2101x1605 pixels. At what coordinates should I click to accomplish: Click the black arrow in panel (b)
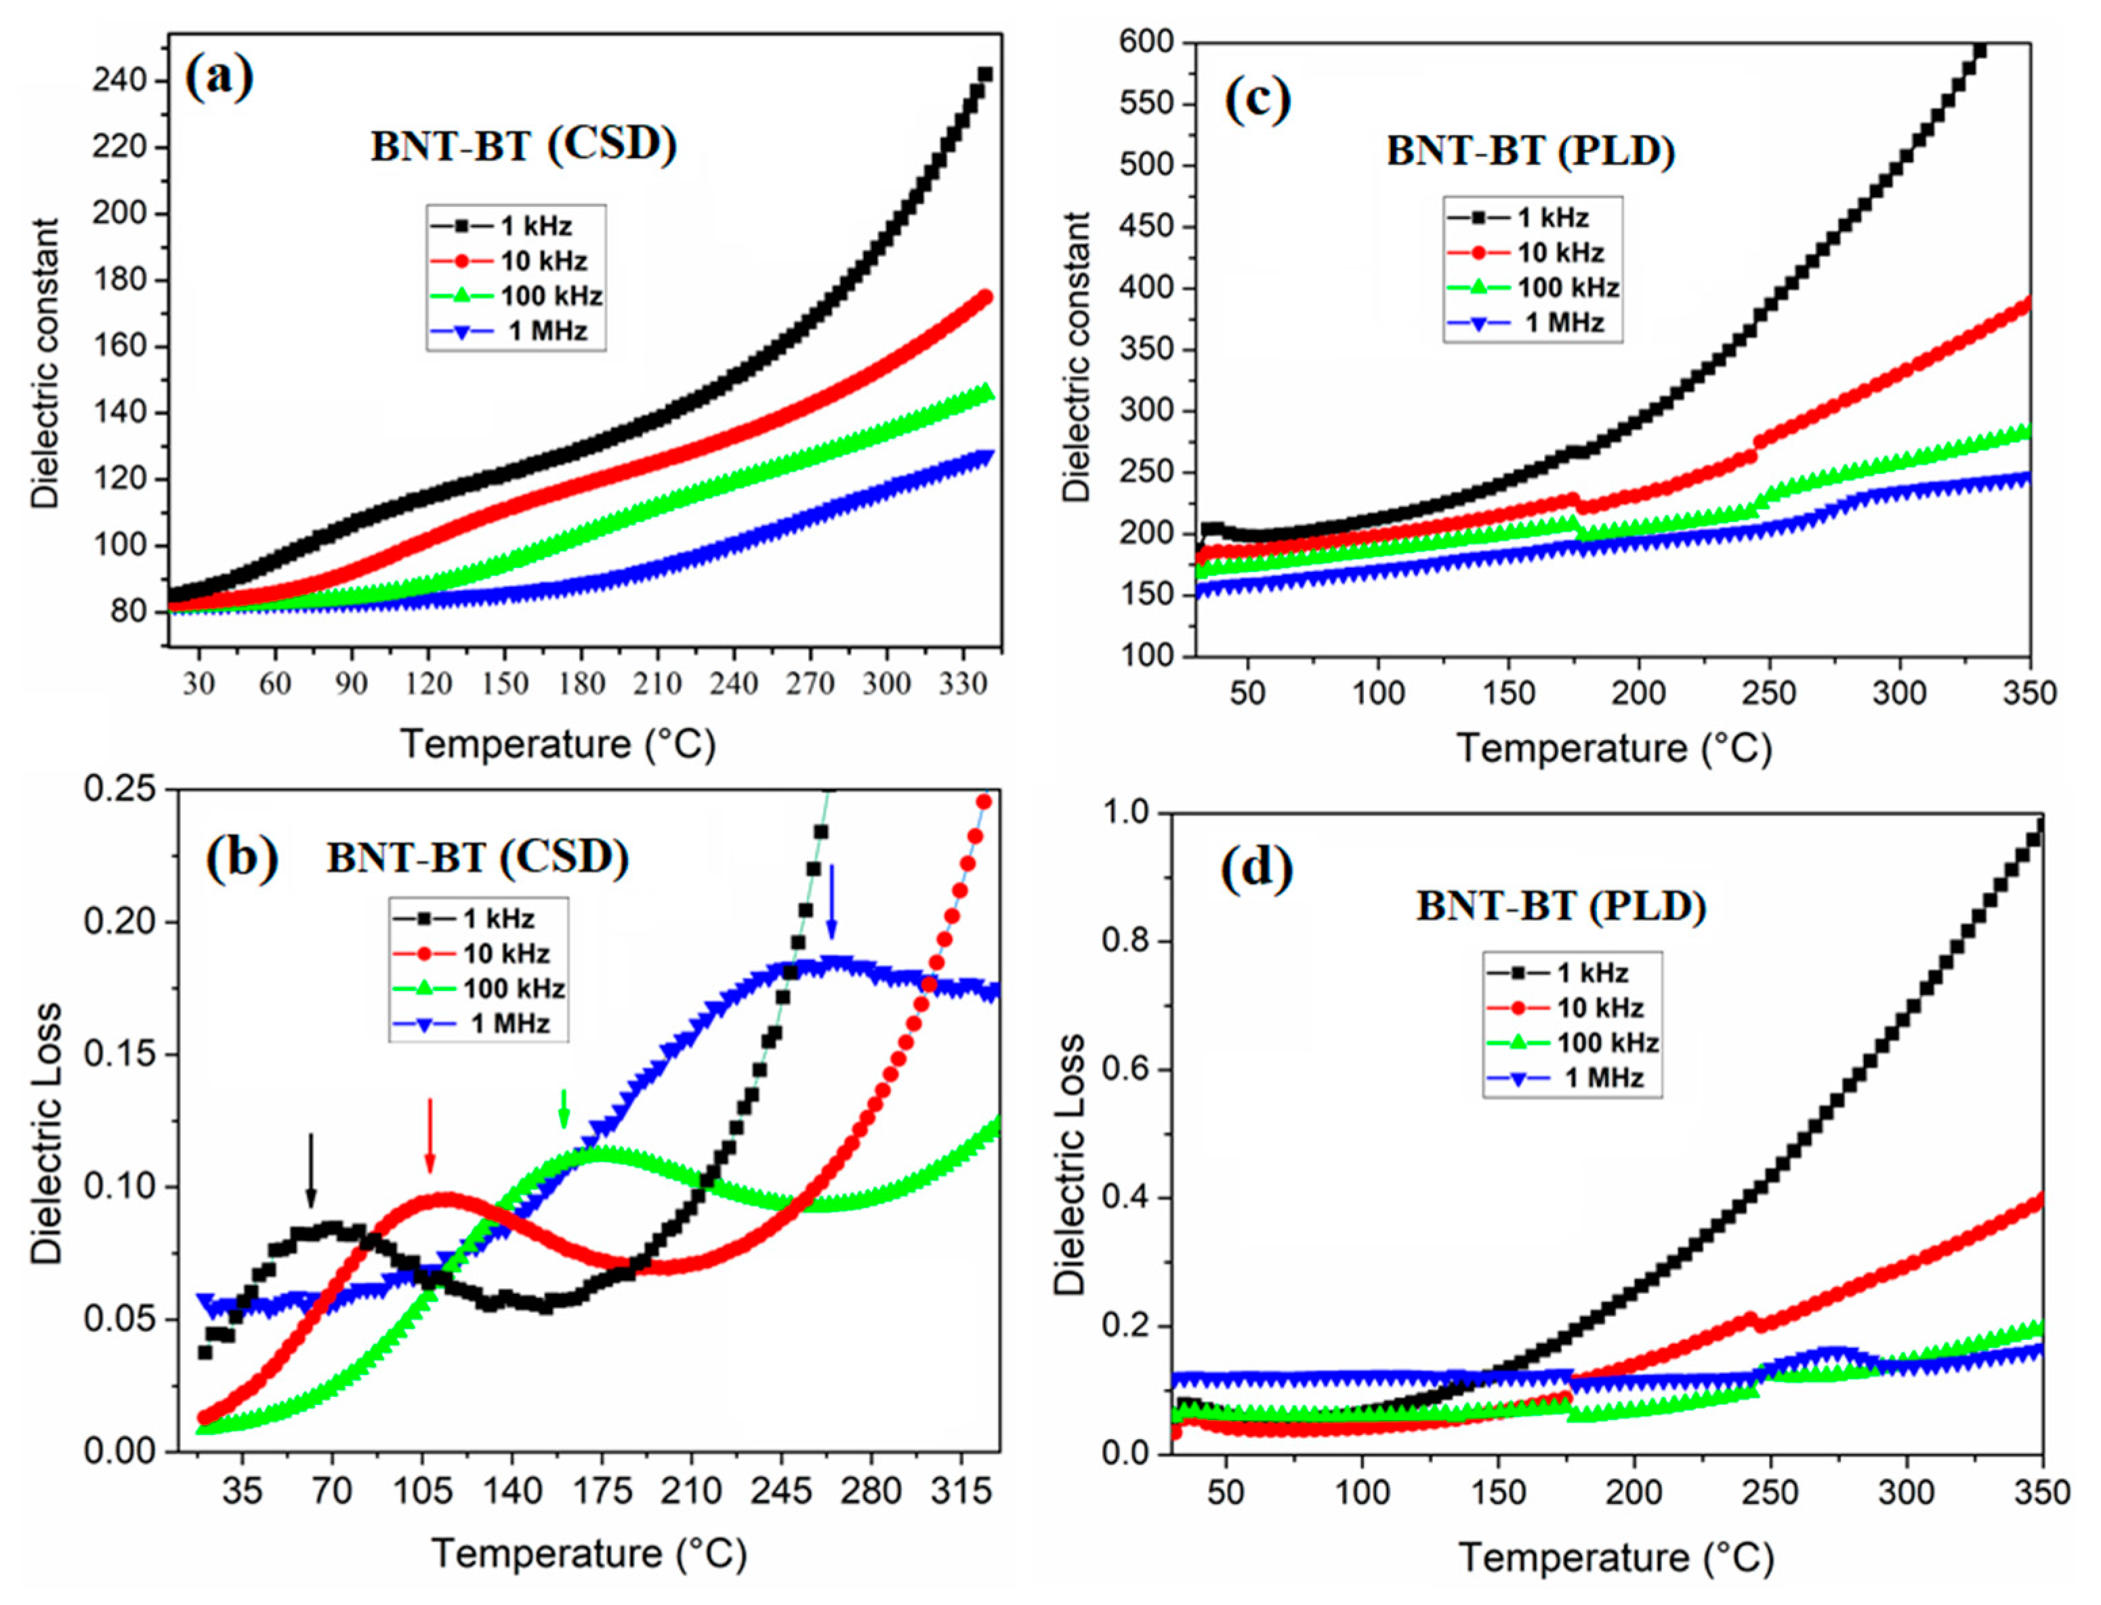(310, 1171)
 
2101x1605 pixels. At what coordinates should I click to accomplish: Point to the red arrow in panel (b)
(430, 1135)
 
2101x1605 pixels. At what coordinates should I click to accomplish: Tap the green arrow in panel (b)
(564, 1108)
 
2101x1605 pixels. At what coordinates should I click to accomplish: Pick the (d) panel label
(1257, 870)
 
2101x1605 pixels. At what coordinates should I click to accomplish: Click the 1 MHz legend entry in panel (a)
(516, 331)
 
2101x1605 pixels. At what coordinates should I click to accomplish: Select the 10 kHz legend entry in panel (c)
(1532, 253)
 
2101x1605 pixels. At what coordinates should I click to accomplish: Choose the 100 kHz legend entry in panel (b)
(478, 989)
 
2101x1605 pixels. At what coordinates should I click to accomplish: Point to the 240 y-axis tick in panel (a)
(121, 80)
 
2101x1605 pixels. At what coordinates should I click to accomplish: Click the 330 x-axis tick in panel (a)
(963, 684)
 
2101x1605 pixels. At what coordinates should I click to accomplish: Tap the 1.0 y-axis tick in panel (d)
(1127, 814)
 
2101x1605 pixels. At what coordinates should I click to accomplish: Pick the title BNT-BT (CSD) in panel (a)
(523, 145)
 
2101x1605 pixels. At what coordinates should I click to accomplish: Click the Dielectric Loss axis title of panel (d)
(1070, 1164)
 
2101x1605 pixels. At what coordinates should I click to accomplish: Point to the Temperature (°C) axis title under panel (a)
(558, 744)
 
